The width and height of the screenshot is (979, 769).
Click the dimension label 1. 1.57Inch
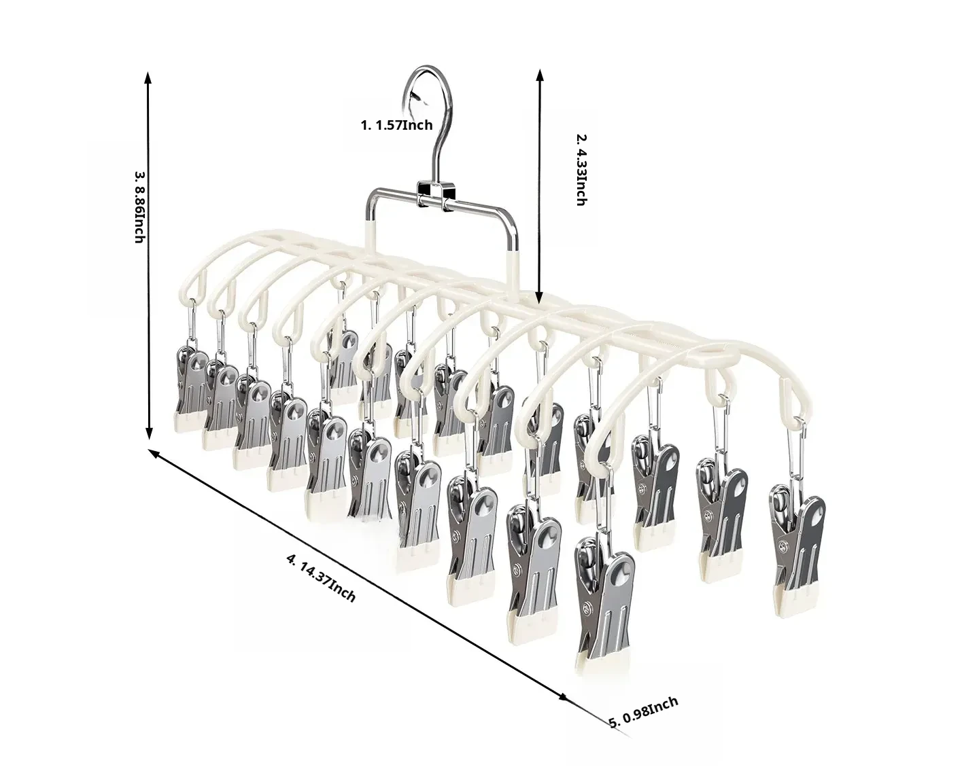pyautogui.click(x=396, y=124)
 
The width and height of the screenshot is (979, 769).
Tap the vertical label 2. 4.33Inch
pyautogui.click(x=581, y=170)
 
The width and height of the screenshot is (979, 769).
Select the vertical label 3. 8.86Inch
pyautogui.click(x=139, y=207)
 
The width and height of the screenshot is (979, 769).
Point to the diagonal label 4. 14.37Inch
pyautogui.click(x=321, y=577)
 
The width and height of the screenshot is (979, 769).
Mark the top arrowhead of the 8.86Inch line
pyautogui.click(x=148, y=77)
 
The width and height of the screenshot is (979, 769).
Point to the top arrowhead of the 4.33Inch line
pyautogui.click(x=540, y=76)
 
